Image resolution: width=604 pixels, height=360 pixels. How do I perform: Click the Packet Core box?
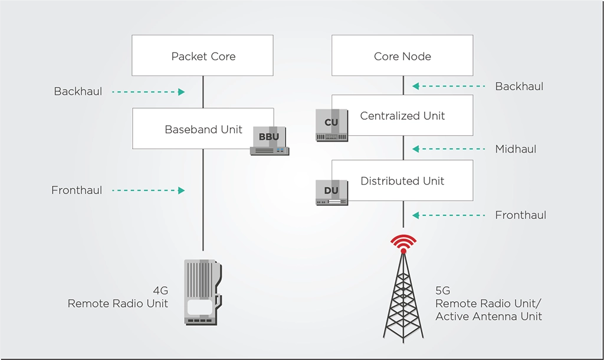pos(203,55)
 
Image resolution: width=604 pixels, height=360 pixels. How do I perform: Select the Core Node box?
pos(402,55)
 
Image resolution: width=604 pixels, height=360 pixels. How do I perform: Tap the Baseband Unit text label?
pos(203,129)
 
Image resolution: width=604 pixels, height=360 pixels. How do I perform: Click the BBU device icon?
pos(270,140)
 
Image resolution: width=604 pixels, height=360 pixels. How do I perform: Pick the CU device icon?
pos(331,125)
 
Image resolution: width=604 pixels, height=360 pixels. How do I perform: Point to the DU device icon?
pos(331,192)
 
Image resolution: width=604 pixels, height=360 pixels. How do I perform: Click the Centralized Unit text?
pos(402,116)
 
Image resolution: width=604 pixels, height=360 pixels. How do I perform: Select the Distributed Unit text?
pos(402,181)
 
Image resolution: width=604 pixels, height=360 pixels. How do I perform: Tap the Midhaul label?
pos(516,149)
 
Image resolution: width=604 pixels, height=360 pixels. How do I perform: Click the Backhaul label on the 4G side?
pos(78,91)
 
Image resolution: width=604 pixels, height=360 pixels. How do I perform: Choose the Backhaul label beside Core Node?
pos(519,86)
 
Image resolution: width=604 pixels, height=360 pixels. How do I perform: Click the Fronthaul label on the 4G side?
pos(77,191)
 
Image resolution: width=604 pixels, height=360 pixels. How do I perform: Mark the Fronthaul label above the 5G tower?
pos(521,215)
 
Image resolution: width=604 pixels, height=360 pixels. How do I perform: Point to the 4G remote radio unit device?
pos(203,292)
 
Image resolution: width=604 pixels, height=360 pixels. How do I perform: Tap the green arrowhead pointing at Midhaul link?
pos(416,149)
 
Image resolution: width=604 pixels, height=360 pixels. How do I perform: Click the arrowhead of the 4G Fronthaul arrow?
pos(182,191)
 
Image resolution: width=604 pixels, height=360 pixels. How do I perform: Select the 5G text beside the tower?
pos(442,290)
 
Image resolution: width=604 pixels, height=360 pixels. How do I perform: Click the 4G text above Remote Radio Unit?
pos(160,290)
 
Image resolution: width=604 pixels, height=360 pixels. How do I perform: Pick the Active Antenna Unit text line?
pos(489,316)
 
